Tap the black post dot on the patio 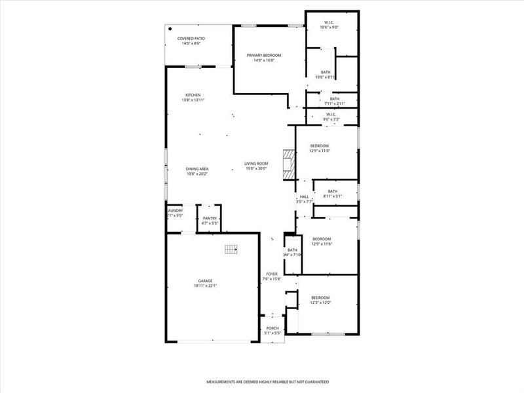(170, 29)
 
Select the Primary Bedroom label (264, 55)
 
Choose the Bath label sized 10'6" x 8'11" (326, 72)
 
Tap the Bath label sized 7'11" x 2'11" (334, 99)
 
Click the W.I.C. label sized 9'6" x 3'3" (331, 115)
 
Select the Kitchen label (193, 95)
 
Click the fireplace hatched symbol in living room (289, 164)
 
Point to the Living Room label (257, 164)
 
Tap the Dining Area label (197, 170)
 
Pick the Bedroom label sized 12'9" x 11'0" (319, 145)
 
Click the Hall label (304, 196)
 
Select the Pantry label (210, 218)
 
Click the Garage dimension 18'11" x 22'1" (206, 286)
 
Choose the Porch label (272, 328)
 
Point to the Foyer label (271, 274)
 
